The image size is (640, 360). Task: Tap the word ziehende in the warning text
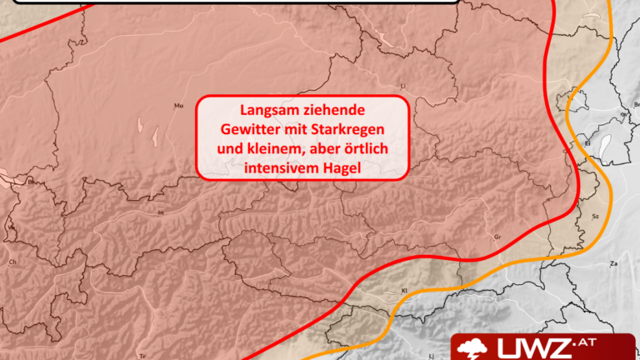tap(337, 109)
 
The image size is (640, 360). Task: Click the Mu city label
tap(177, 106)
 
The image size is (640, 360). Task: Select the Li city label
tap(403, 85)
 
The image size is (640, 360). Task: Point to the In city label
tap(161, 213)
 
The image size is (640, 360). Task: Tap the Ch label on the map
tap(12, 262)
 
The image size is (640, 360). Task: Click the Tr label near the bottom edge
tap(143, 353)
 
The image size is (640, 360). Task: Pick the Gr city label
tap(497, 237)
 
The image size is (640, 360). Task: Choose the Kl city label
tap(404, 291)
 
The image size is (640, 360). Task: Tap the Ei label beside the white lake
tap(587, 143)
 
